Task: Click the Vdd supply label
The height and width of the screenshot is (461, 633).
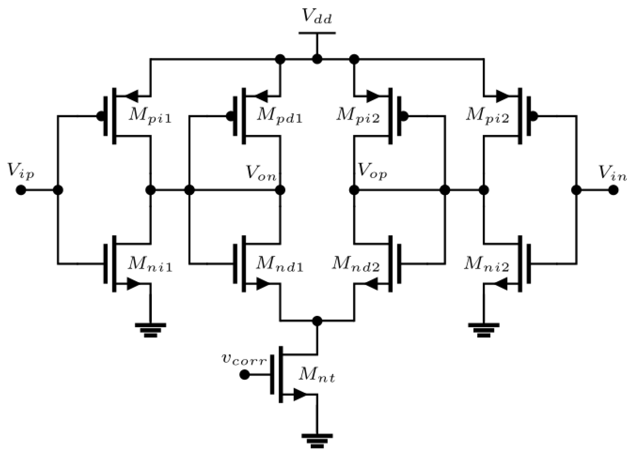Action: click(317, 17)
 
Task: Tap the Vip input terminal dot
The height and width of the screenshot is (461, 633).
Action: click(21, 190)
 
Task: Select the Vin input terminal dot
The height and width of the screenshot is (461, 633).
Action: click(613, 190)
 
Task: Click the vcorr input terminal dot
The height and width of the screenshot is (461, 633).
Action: click(244, 375)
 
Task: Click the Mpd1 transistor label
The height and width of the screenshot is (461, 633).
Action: click(279, 116)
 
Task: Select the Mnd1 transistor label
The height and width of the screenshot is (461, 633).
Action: click(279, 265)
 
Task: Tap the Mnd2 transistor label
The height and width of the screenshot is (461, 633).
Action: click(356, 265)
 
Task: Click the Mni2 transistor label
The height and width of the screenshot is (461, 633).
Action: click(486, 265)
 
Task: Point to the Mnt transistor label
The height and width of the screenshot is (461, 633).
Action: click(317, 376)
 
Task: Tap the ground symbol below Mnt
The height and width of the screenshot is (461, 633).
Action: click(317, 440)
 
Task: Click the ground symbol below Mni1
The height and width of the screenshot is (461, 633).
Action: click(150, 330)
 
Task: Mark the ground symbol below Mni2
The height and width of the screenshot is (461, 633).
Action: click(484, 330)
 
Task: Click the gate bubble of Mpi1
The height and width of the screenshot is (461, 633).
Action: click(100, 116)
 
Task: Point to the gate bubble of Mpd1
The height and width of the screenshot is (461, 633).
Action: click(230, 116)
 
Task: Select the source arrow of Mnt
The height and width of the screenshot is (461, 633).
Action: click(300, 394)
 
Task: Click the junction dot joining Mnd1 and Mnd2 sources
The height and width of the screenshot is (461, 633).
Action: click(317, 321)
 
